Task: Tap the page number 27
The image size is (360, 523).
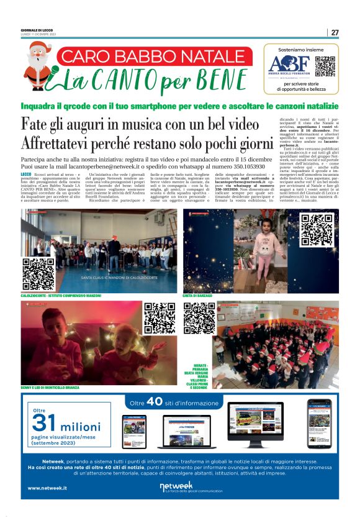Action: (335, 32)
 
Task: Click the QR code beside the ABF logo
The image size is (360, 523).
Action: (325, 66)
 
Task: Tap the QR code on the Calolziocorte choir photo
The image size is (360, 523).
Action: (38, 274)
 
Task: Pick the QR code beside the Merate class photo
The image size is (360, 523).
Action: (199, 317)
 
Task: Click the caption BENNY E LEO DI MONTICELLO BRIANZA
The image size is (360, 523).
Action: (50, 388)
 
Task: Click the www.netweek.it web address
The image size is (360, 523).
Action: (47, 488)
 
